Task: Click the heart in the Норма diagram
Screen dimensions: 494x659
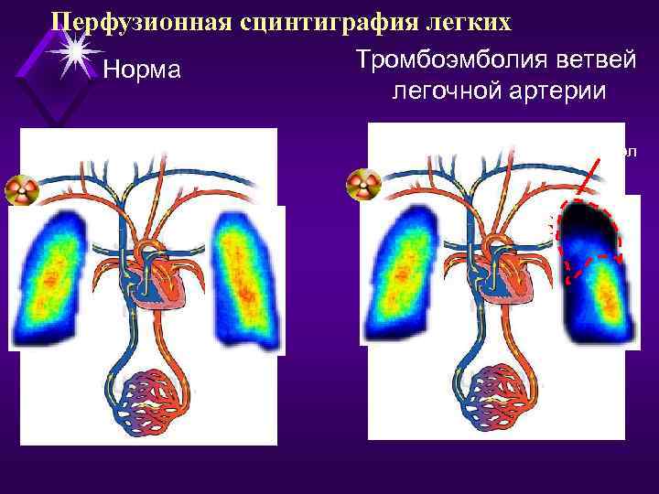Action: (x=168, y=275)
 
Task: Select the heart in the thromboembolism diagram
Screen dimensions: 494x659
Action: (x=513, y=275)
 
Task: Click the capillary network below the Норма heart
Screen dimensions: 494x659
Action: (x=146, y=399)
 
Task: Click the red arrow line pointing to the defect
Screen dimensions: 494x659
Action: (x=589, y=178)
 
